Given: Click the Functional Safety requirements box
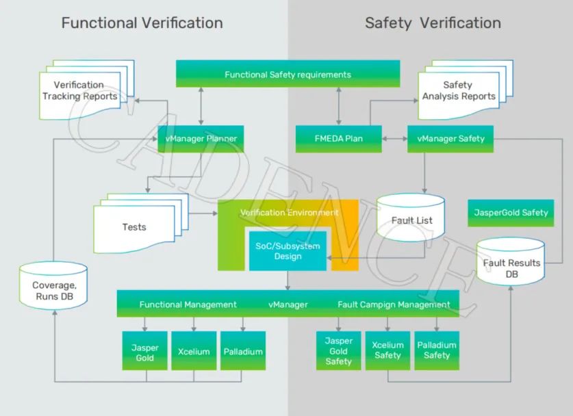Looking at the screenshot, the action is pyautogui.click(x=288, y=74).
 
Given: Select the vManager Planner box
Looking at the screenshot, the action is pyautogui.click(x=201, y=139).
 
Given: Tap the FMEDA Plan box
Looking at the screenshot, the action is pyautogui.click(x=339, y=139).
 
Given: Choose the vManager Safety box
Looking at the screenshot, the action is pyautogui.click(x=450, y=139).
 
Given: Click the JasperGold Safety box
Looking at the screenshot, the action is pyautogui.click(x=511, y=213).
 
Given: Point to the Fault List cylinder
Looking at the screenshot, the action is pyautogui.click(x=411, y=218).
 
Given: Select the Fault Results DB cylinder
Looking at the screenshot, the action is pyautogui.click(x=511, y=261).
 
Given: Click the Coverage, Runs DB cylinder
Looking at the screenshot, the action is pyautogui.click(x=53, y=285).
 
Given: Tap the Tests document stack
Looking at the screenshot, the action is pyautogui.click(x=141, y=223).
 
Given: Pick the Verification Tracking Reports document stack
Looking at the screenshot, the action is pyautogui.click(x=87, y=90).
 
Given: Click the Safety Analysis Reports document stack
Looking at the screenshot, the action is pyautogui.click(x=466, y=90).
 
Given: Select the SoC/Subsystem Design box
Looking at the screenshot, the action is pyautogui.click(x=288, y=251).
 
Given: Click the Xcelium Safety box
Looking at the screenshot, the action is pyautogui.click(x=387, y=350).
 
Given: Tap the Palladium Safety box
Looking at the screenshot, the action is pyautogui.click(x=437, y=350).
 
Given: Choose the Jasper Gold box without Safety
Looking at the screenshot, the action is pyautogui.click(x=144, y=350).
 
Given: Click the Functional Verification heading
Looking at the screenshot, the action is pyautogui.click(x=142, y=23).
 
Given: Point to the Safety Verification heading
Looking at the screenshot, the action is pyautogui.click(x=433, y=23).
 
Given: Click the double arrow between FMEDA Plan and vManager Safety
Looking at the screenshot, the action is pyautogui.click(x=395, y=139).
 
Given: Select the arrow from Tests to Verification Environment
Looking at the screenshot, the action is pyautogui.click(x=203, y=213).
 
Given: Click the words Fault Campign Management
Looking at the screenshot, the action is pyautogui.click(x=394, y=304).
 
